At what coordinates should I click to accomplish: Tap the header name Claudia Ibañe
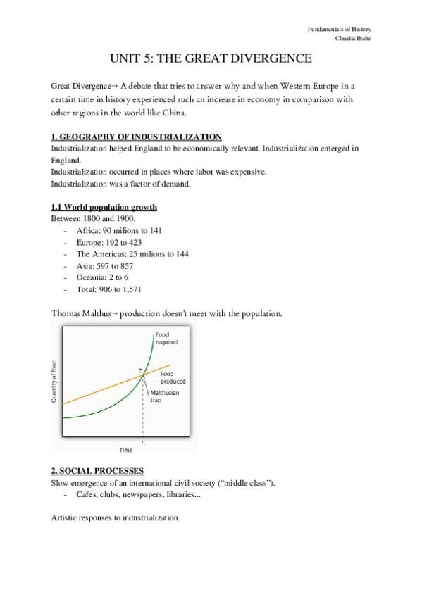tap(354, 38)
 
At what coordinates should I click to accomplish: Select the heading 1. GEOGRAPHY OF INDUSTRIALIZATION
tap(137, 137)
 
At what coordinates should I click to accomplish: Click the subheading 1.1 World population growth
tap(104, 208)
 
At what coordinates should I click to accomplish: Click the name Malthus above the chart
tap(97, 313)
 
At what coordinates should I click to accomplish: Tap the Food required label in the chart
tap(166, 338)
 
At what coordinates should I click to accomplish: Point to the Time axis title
tap(125, 448)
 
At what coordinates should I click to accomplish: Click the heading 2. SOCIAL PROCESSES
tap(97, 471)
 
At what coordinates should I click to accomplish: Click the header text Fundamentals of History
tap(340, 29)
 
